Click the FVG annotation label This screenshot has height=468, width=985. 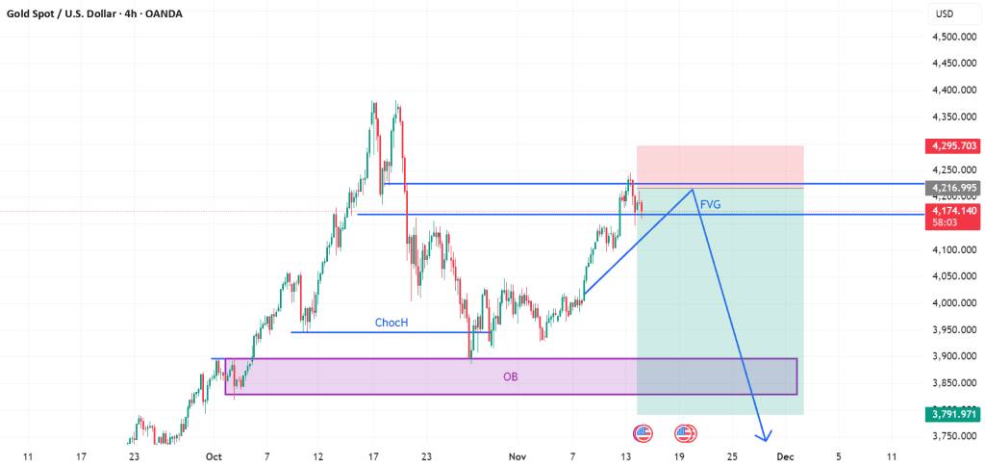click(711, 204)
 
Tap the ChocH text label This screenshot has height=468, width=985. click(391, 324)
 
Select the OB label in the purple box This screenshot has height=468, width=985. click(510, 377)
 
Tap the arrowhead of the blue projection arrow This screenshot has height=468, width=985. click(765, 438)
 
